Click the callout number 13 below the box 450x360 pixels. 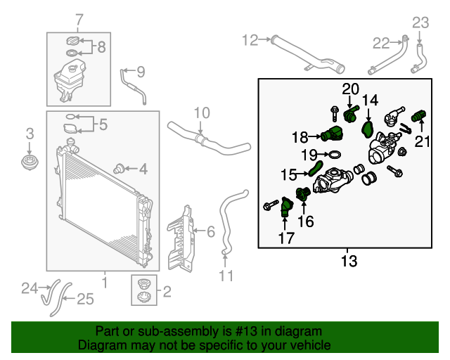click(x=349, y=262)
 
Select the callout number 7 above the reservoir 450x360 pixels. click(x=79, y=19)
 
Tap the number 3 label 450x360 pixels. click(x=30, y=133)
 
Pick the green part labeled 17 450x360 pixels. click(x=285, y=207)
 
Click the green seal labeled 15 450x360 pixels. click(x=316, y=167)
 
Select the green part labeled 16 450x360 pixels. click(x=303, y=194)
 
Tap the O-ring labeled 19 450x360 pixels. click(x=335, y=154)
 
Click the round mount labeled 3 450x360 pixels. click(x=30, y=164)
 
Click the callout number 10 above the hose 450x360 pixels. click(x=202, y=112)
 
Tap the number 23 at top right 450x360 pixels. click(x=420, y=22)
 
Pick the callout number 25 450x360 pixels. click(x=85, y=300)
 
